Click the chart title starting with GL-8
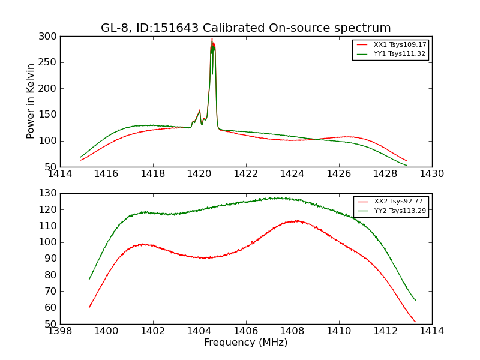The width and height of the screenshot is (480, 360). coord(245,28)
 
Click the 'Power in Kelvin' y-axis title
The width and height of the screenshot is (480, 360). coord(31,101)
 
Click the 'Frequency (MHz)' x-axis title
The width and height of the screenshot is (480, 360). coord(245,343)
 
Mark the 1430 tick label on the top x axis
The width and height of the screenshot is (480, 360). coord(431,174)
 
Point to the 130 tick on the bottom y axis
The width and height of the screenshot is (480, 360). coord(49,193)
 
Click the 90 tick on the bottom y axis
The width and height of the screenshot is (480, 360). coord(51,259)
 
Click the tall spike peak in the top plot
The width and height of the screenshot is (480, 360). coord(212,40)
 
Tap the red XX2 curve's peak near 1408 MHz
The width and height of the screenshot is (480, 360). coord(295,221)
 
